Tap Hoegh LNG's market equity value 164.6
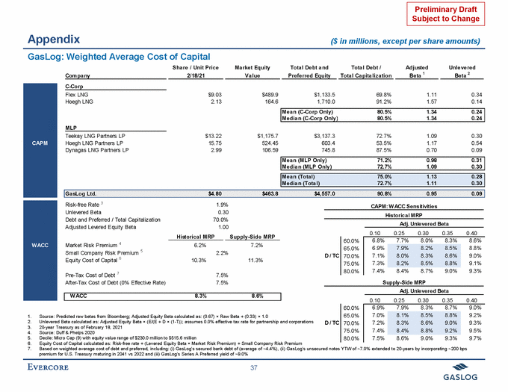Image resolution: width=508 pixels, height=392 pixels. (x=266, y=103)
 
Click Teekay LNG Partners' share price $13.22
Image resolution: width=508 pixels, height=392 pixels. (x=214, y=135)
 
